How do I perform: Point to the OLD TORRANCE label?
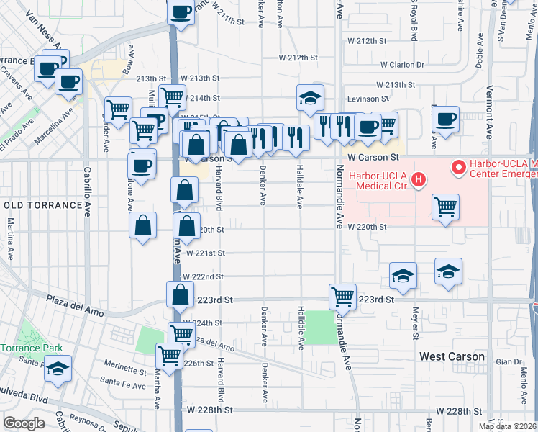pos(43,205)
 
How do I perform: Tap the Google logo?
pos(24,423)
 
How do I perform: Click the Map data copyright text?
pos(507,426)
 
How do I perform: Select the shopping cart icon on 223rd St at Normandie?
pos(342,295)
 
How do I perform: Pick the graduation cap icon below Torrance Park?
pos(58,370)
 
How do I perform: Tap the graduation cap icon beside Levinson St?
pos(310,98)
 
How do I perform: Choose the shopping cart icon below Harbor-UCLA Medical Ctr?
pos(446,207)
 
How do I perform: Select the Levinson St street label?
pos(369,98)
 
